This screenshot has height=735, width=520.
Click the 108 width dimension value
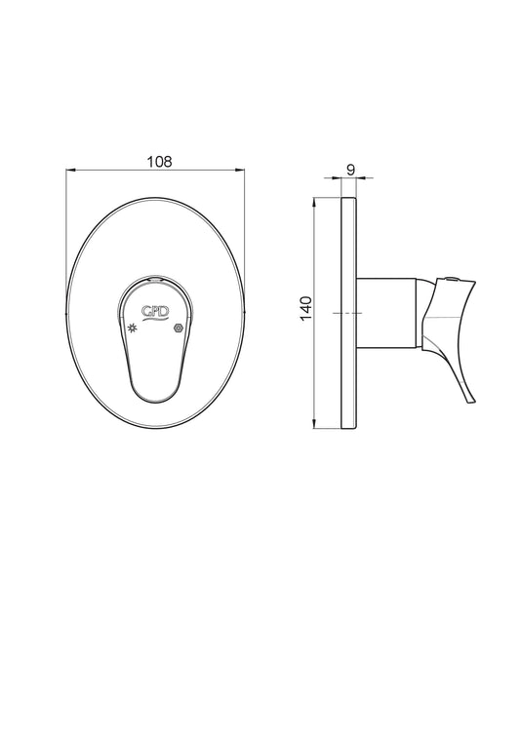coord(160,162)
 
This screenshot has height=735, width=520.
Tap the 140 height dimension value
coord(305,308)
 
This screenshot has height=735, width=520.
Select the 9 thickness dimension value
coord(350,170)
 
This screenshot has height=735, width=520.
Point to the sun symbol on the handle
coord(133,328)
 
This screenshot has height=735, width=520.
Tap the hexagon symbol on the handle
coord(178,328)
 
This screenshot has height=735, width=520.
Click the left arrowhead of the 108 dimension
coord(70,170)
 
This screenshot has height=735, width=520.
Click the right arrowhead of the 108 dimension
coord(240,170)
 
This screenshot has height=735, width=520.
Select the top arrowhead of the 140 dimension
coord(313,203)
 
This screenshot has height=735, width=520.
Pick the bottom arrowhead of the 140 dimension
coord(313,423)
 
